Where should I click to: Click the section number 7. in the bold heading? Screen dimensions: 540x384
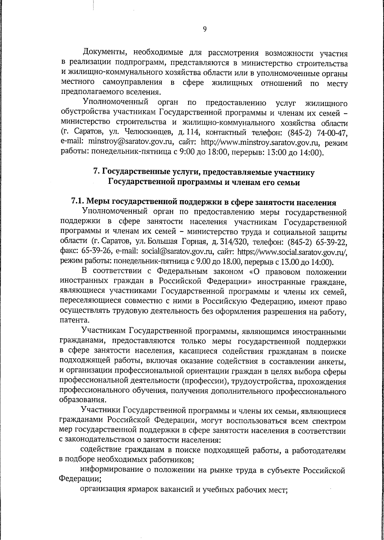tap(96, 172)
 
